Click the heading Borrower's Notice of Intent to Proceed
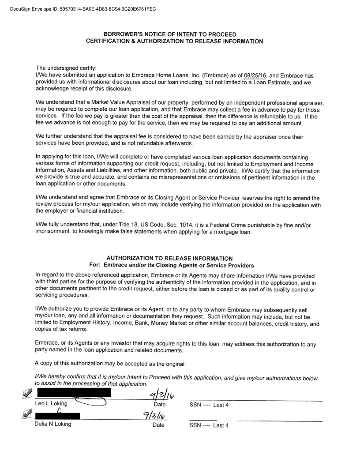click(169, 34)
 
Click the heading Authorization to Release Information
click(169, 258)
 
